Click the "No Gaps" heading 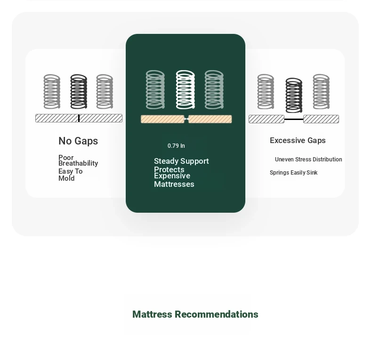click(78, 141)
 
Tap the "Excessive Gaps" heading click(298, 140)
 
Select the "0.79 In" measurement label click(176, 146)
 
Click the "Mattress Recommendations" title click(195, 314)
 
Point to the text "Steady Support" click(181, 161)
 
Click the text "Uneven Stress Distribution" click(308, 160)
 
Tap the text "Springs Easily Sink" click(293, 173)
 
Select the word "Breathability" click(78, 163)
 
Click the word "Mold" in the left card click(66, 178)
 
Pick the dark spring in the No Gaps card click(79, 92)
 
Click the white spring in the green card click(185, 89)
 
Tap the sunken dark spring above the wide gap click(294, 96)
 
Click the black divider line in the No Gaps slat click(79, 118)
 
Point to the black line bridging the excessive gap click(294, 119)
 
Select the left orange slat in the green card click(162, 119)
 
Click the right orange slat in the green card click(210, 119)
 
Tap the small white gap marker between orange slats click(186, 119)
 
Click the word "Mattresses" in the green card click(174, 184)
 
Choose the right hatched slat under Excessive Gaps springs click(321, 119)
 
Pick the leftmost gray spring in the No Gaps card click(52, 92)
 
